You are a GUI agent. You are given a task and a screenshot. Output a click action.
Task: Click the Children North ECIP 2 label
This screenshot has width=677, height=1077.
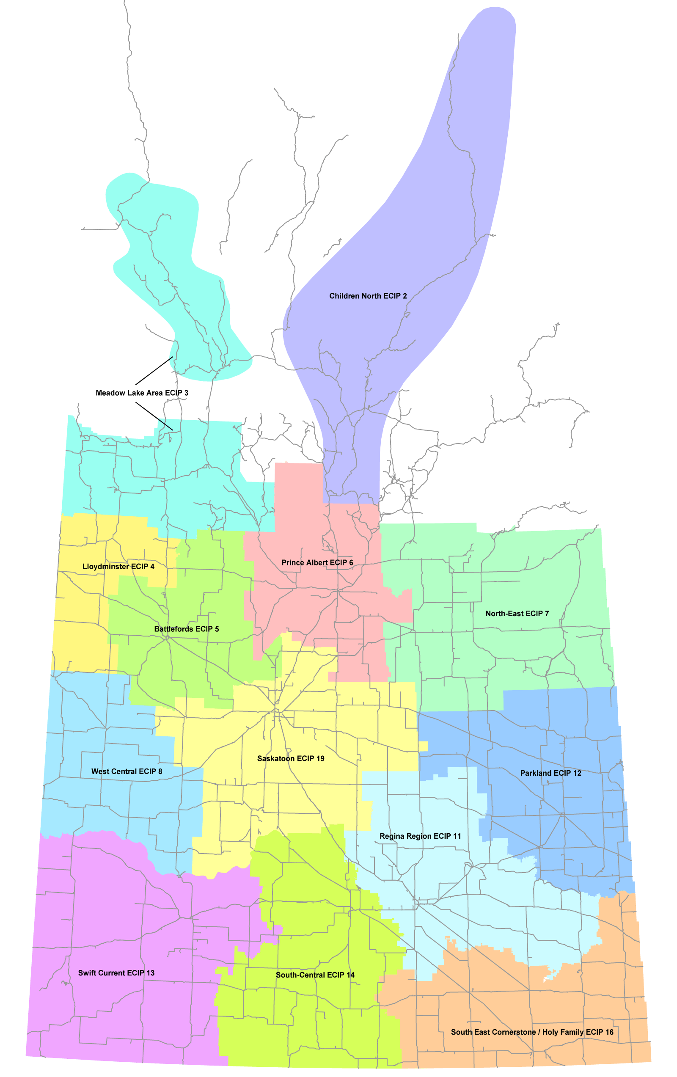pos(368,296)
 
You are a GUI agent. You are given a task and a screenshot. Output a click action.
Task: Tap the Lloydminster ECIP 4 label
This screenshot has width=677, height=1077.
pos(118,567)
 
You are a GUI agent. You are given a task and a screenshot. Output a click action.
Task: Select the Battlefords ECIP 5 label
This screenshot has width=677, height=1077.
pos(187,629)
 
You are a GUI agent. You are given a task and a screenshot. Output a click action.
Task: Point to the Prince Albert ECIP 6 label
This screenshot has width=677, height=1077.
pos(317,563)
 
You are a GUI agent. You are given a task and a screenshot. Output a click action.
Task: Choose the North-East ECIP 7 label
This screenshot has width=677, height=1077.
pos(517,614)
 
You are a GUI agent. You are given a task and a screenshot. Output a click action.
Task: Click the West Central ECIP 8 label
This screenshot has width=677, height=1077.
pos(127,771)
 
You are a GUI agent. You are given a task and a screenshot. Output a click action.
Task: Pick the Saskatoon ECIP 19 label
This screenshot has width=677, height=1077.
pos(291,758)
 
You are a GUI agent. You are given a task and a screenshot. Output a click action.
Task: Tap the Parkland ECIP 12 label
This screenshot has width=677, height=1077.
pos(550,773)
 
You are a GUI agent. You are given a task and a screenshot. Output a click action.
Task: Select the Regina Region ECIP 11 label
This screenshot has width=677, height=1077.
pos(420,836)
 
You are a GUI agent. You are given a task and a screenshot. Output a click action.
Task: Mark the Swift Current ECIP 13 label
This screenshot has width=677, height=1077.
pos(116,973)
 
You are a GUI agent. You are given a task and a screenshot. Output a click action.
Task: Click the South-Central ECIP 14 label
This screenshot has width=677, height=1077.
pos(315,975)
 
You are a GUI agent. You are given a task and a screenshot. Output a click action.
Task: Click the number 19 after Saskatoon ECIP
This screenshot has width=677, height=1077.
pos(320,758)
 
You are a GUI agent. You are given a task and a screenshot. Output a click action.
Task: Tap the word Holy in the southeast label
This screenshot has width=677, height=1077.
pos(550,1032)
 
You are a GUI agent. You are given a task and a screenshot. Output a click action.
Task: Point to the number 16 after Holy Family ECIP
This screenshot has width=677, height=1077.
pos(609,1032)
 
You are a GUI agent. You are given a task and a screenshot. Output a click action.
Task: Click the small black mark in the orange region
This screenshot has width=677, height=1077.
pos(545,980)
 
